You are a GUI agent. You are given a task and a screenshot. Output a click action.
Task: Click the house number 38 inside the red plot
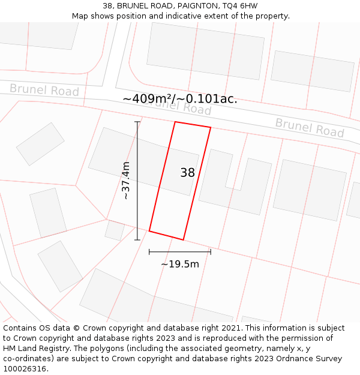[x=187, y=173]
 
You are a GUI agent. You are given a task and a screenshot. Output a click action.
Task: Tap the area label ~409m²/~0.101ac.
[x=180, y=98]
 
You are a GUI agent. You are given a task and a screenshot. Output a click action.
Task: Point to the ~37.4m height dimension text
[x=126, y=181]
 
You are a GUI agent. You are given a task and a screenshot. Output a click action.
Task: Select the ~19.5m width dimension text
[x=179, y=264]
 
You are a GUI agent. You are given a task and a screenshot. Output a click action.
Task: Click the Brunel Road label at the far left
[x=44, y=90]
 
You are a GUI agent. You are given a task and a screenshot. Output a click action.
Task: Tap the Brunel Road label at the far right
[x=310, y=127]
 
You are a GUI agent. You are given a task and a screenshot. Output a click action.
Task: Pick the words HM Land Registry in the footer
[x=32, y=348]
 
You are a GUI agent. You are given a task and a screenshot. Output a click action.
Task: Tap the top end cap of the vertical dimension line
[x=137, y=122]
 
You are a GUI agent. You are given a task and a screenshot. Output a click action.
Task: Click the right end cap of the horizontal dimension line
[x=211, y=252]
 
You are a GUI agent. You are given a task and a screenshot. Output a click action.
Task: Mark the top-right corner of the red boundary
[x=211, y=127]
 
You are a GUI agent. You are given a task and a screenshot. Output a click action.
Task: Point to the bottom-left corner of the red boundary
[x=149, y=231]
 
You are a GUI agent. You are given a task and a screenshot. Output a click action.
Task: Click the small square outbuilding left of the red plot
[x=114, y=230]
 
